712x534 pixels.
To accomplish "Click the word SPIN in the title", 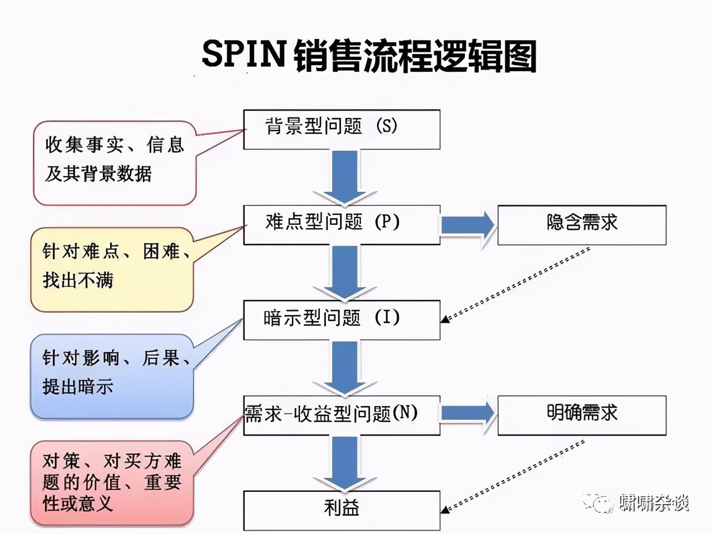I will (x=243, y=54).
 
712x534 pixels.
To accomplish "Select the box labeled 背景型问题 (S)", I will (x=342, y=129).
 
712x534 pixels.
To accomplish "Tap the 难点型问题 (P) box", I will (x=342, y=224).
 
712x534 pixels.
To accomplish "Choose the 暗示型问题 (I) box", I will (x=342, y=320).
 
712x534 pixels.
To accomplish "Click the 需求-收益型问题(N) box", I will (x=342, y=415).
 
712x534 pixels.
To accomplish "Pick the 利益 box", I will (x=342, y=510).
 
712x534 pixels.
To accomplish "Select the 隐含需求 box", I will (x=582, y=225).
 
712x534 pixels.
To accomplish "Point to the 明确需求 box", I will (x=582, y=415).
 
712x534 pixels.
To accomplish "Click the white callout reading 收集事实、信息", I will (x=114, y=161).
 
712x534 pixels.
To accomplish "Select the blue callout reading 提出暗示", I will (x=111, y=375).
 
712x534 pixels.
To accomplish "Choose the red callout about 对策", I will (x=111, y=482).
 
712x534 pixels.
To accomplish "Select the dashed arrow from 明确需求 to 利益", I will (x=515, y=476).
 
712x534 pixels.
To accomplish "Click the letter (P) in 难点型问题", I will (x=387, y=222).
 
